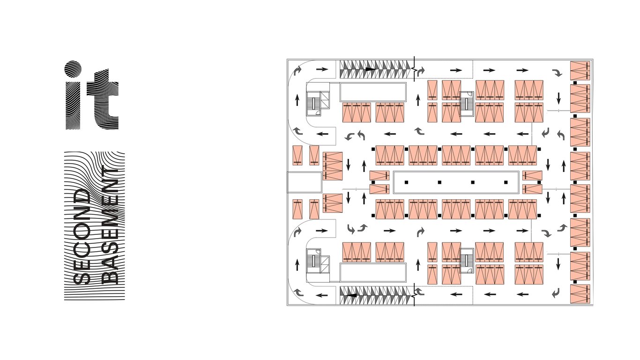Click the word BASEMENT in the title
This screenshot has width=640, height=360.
(110, 225)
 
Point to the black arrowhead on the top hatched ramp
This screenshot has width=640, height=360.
(371, 69)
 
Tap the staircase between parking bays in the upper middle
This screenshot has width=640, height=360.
(467, 102)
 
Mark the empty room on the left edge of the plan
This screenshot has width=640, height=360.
(304, 182)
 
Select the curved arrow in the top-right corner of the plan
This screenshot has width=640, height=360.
(557, 73)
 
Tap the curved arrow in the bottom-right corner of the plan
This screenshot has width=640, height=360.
(556, 293)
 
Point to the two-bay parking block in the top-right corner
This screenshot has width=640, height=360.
(580, 70)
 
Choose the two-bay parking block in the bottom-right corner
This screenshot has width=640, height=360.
(580, 294)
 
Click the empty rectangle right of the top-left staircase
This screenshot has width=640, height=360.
(372, 92)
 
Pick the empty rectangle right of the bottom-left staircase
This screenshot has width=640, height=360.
(372, 272)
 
